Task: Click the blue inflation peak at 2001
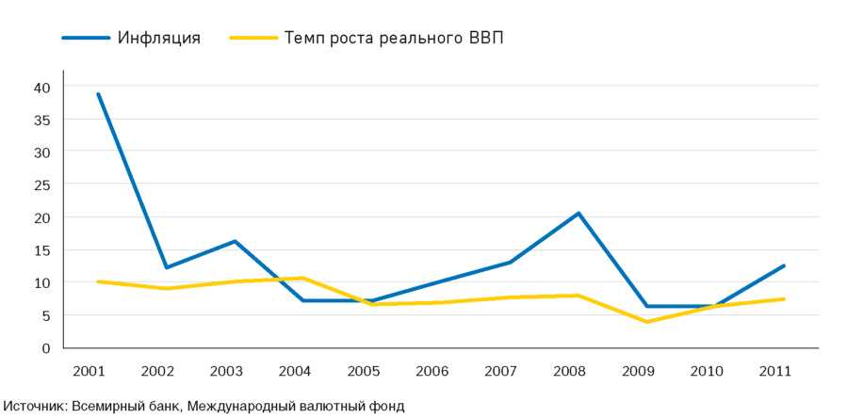98,94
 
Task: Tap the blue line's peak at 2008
578,213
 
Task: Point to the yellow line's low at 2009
646,322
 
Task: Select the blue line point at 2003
235,241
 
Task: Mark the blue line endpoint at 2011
783,265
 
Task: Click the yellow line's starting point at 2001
98,281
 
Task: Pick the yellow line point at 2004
303,278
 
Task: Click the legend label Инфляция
159,39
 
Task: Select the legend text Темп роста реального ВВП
396,39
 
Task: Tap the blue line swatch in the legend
86,39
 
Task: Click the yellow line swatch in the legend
252,39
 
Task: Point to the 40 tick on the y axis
41,87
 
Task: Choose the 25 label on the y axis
41,185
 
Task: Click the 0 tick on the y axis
45,348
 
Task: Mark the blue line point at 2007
510,262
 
